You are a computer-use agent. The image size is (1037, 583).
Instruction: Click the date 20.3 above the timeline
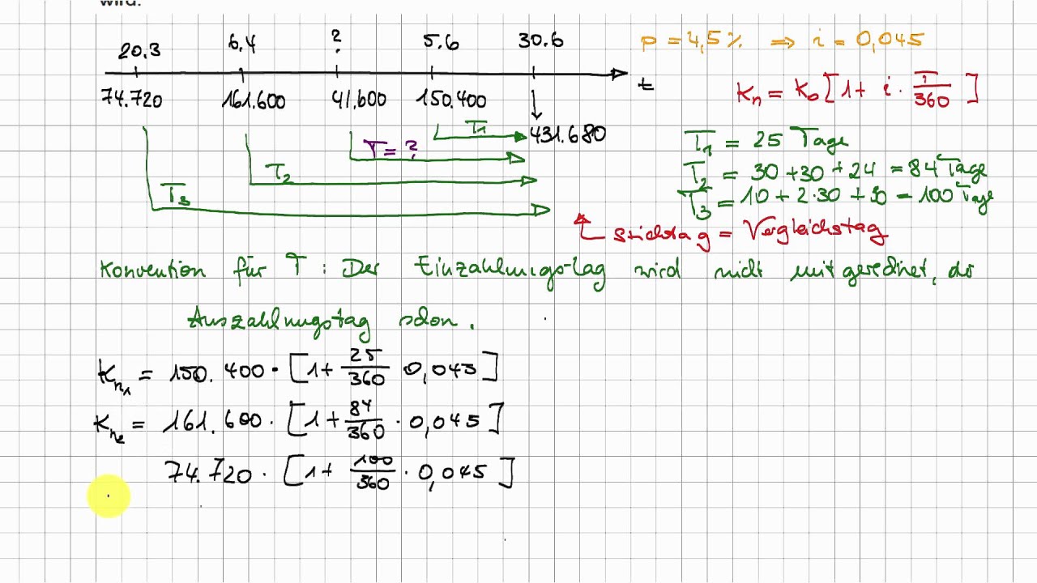tap(139, 51)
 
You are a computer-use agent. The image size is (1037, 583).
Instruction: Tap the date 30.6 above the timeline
tap(540, 40)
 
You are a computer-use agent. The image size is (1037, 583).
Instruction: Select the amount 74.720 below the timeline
tap(131, 100)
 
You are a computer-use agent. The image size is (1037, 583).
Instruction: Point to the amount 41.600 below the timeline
tap(359, 100)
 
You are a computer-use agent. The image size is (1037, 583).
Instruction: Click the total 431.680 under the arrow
tap(567, 134)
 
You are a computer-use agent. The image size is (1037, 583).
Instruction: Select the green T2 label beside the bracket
tap(280, 172)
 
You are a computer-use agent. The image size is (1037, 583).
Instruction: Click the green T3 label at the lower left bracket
tap(177, 195)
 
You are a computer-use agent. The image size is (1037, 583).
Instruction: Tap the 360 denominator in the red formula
tap(931, 101)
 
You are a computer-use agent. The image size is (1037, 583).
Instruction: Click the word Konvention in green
tap(152, 270)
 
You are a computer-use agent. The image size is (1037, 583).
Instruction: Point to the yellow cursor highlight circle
tap(108, 496)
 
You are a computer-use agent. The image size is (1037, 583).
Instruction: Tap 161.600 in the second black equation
tap(212, 420)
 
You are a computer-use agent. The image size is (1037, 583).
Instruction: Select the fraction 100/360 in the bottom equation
tap(372, 472)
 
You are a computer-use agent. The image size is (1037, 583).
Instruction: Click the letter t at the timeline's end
tap(646, 83)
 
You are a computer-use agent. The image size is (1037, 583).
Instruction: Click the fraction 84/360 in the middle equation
tap(366, 420)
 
